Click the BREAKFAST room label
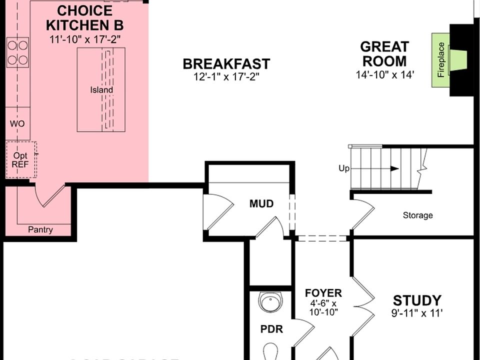point(226,64)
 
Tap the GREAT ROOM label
point(384,54)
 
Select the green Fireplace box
point(440,59)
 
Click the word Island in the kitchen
point(101,90)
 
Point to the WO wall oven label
point(17,123)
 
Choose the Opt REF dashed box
point(20,159)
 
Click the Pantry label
point(40,229)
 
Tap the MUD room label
point(261,203)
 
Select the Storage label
point(417,215)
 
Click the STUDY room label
point(417,300)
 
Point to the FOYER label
point(323,293)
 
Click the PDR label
point(272,329)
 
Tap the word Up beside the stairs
point(344,168)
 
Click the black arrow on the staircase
point(394,168)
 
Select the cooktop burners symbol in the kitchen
point(17,52)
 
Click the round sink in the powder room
point(270,301)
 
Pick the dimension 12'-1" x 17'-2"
point(226,77)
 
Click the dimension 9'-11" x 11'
point(417,314)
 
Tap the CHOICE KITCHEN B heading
point(85,18)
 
